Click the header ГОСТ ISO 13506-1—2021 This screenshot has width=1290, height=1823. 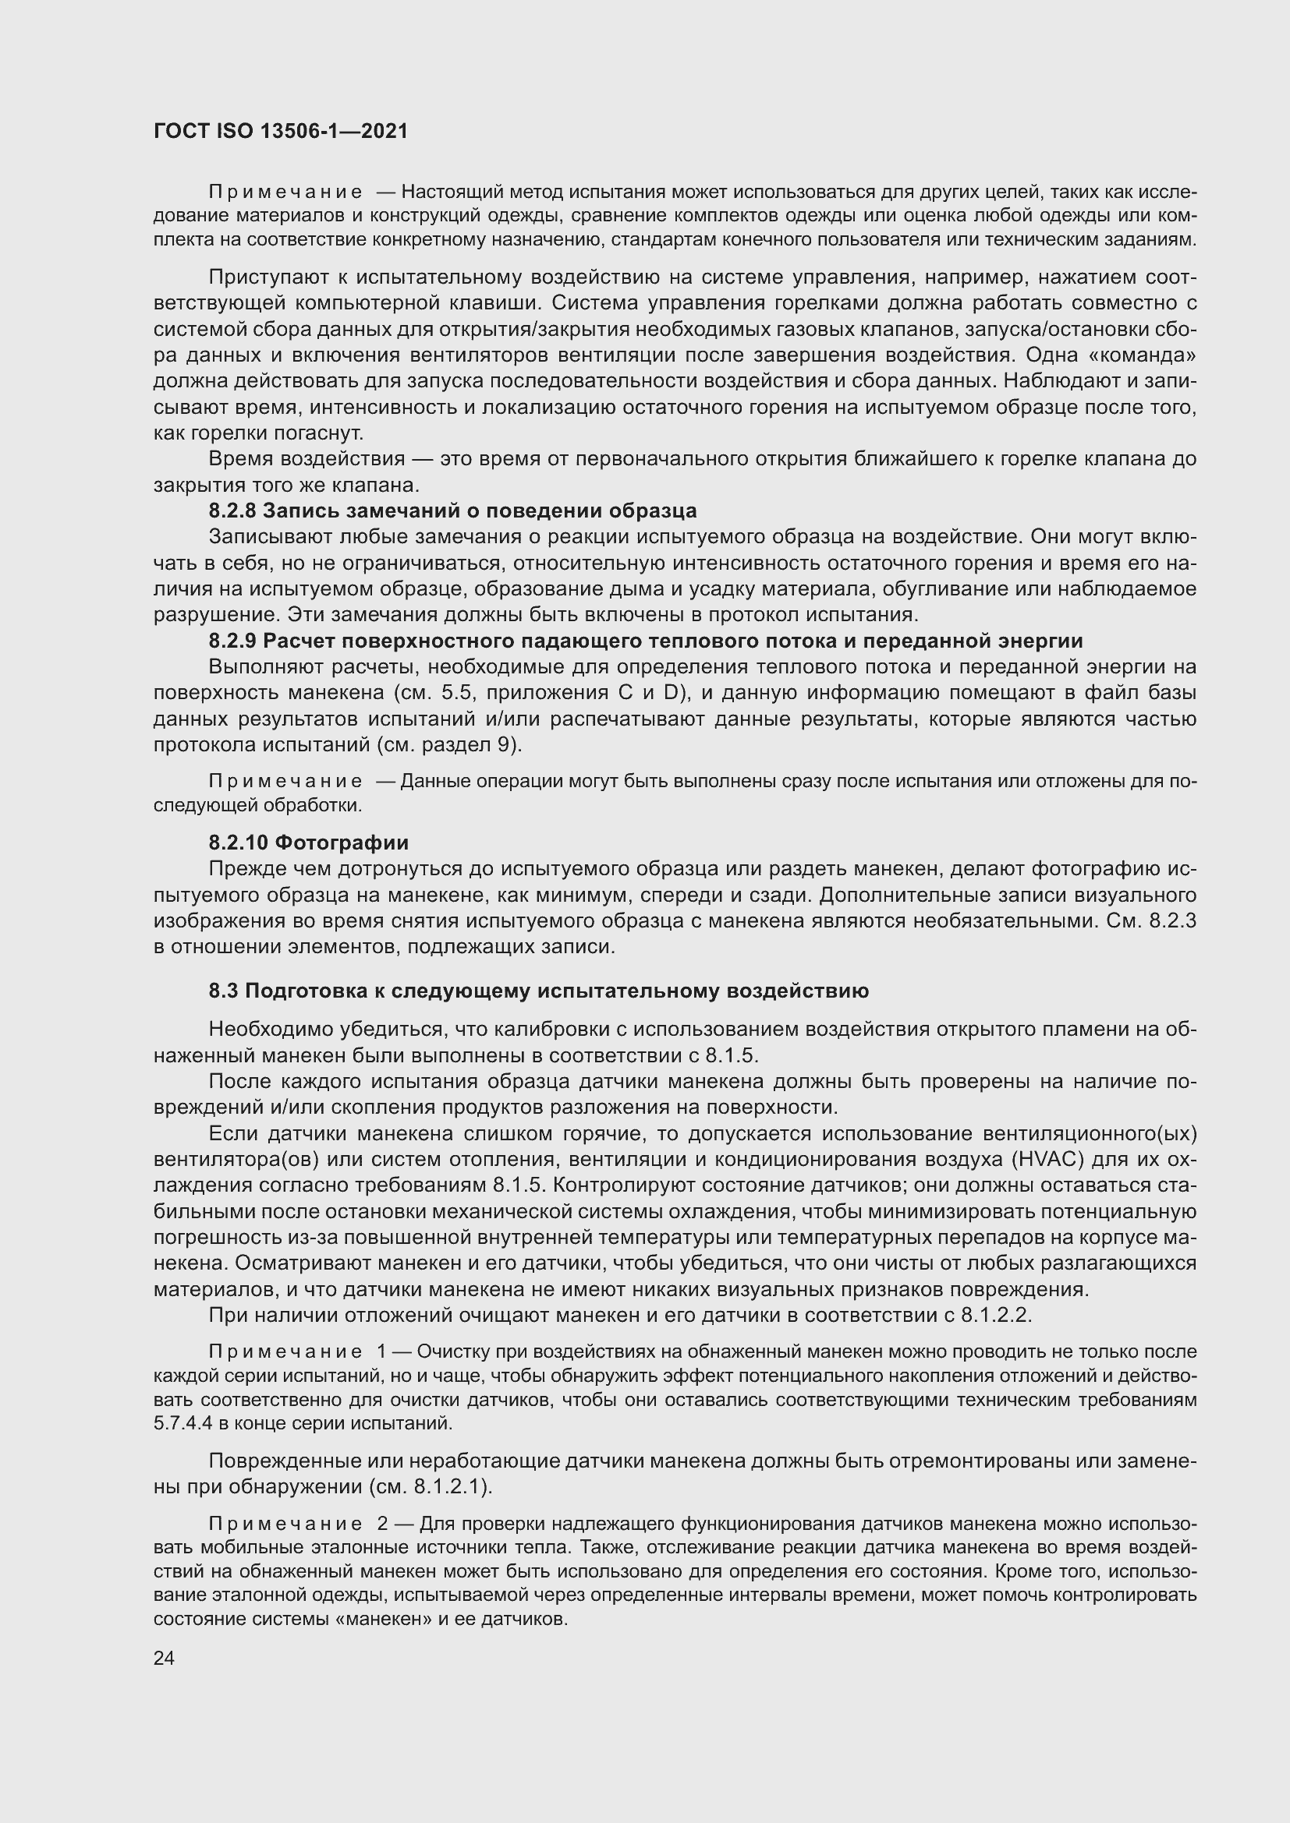coord(281,132)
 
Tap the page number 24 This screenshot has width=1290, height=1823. coord(164,1659)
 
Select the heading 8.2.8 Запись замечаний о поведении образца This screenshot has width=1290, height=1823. coord(453,511)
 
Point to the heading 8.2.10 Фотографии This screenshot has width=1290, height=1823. coord(308,843)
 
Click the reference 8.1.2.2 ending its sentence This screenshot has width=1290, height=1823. coord(994,1316)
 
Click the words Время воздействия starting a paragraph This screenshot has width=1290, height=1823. coord(307,459)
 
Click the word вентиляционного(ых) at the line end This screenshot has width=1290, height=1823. coord(1113,1134)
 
